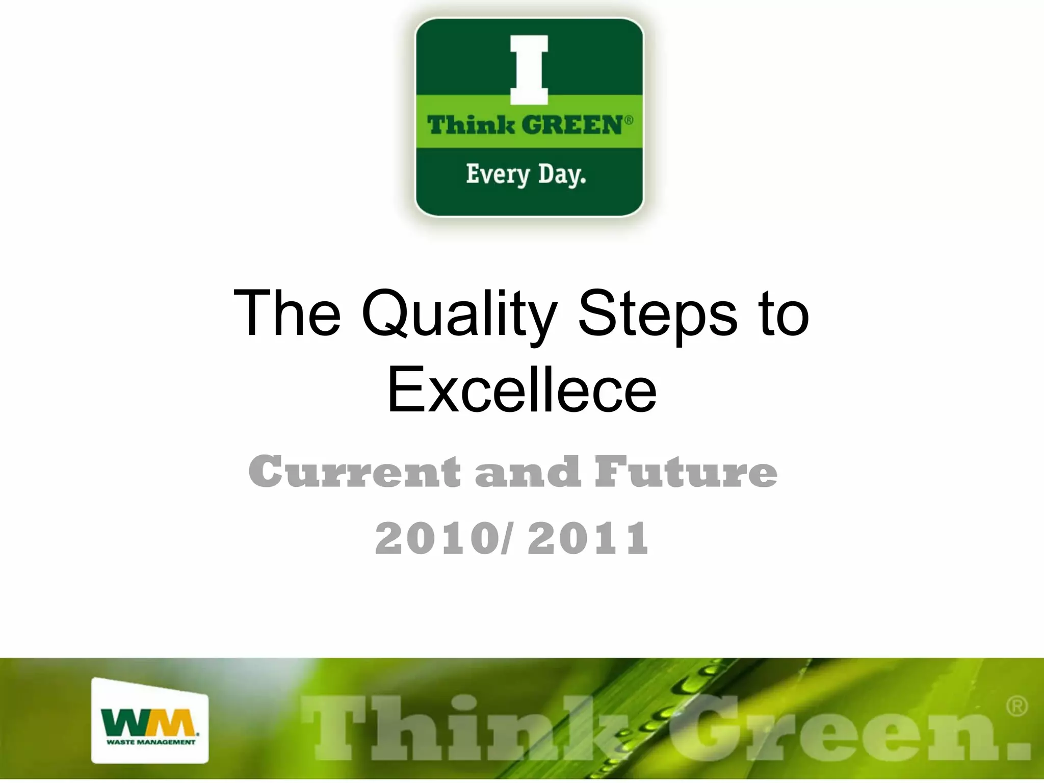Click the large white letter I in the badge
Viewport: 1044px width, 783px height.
point(529,69)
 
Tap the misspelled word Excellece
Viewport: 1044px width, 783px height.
point(522,390)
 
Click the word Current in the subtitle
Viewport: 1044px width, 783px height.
point(355,472)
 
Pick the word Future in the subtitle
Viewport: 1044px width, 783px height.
point(686,472)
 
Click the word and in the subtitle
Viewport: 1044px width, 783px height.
point(528,472)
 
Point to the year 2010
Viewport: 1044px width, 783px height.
point(436,538)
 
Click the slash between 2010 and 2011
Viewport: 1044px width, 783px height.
point(506,538)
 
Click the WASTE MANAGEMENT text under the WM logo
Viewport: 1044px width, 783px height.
point(151,742)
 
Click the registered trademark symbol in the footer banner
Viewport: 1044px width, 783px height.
point(1017,707)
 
